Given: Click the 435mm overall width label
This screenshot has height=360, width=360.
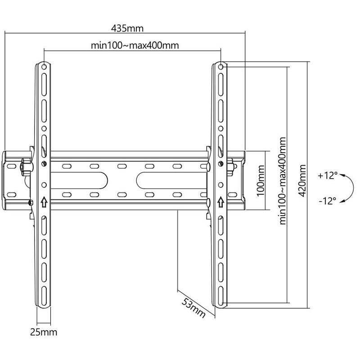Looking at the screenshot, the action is click(127, 28).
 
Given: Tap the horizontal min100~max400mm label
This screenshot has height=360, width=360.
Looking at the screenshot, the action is click(135, 45).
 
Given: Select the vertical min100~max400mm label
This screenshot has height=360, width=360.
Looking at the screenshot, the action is click(283, 181).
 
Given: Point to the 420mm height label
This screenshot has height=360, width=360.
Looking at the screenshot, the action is click(302, 181).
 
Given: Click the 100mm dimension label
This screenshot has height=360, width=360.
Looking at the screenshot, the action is click(261, 181).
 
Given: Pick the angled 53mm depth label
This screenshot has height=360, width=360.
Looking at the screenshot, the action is click(193, 308).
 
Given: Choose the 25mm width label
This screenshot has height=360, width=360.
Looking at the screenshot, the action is click(44, 332).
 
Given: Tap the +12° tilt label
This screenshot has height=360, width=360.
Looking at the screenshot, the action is click(328, 175).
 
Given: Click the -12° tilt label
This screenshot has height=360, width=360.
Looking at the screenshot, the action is click(328, 201).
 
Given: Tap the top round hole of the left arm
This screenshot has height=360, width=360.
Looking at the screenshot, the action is click(44, 67).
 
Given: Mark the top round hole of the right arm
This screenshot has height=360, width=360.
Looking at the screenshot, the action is click(220, 67).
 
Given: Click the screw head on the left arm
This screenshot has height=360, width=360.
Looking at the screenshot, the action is click(44, 163).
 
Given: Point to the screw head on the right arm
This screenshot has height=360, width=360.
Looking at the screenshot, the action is click(220, 163).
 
